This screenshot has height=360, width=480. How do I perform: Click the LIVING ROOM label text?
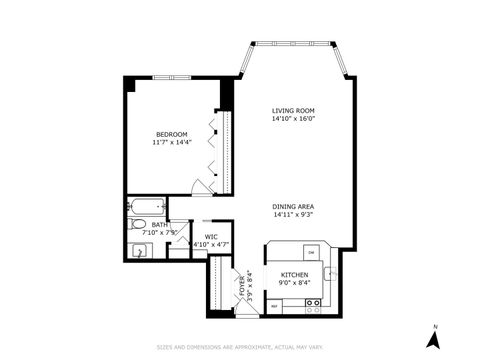[292, 110]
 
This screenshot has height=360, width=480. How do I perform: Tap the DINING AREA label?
[293, 206]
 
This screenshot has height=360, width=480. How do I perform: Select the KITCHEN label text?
[293, 274]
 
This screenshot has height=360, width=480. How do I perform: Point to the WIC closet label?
[211, 236]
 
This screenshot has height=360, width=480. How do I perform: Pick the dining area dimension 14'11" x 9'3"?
[293, 215]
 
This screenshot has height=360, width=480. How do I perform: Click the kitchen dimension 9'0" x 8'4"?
[293, 283]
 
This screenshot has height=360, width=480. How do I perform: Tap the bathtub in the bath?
[147, 209]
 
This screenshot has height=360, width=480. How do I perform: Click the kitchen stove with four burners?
[313, 307]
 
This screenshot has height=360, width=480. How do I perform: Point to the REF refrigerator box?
[274, 307]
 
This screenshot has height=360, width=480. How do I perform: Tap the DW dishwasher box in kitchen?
[311, 252]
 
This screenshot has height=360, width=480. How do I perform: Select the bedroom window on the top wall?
[172, 77]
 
